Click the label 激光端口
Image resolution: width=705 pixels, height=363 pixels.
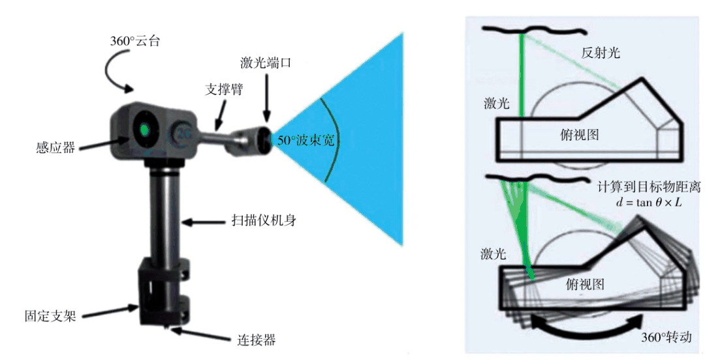tap(264, 63)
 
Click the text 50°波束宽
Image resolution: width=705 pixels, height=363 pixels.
tap(306, 140)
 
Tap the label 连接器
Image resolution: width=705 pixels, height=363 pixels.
tap(254, 340)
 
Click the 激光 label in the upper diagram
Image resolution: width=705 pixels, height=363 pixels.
tap(496, 103)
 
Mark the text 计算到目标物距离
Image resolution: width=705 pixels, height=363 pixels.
tap(649, 187)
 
